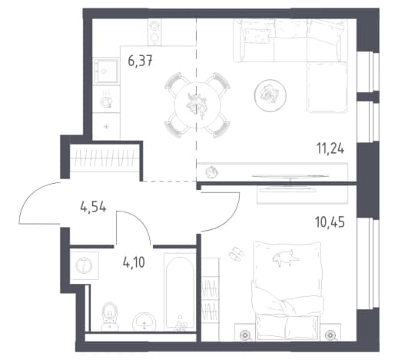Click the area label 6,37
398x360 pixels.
tap(140, 62)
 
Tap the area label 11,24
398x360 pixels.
tap(330, 148)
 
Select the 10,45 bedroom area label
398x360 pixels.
tap(330, 222)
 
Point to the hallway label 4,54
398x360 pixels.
tap(93, 207)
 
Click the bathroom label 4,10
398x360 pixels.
tap(134, 262)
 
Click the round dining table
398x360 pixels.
tap(197, 105)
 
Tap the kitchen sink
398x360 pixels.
tap(106, 71)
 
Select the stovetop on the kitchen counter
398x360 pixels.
tap(154, 32)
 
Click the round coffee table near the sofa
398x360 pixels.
tap(270, 95)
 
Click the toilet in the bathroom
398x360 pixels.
tap(110, 316)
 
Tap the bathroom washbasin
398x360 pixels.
tap(144, 322)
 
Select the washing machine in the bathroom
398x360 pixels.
tap(85, 265)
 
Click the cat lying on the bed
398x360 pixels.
tap(285, 258)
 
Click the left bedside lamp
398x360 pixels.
tap(245, 335)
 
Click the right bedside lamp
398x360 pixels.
tap(330, 335)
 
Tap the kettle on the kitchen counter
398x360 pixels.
tap(106, 99)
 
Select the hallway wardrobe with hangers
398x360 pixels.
tap(104, 158)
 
